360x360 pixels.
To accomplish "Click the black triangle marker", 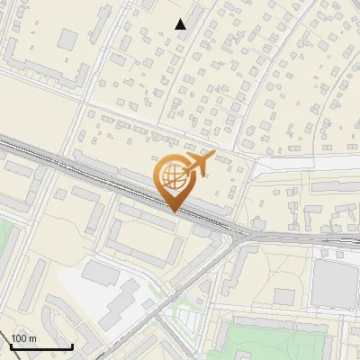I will coord(181,24).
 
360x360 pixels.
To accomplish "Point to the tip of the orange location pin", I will coord(175,211).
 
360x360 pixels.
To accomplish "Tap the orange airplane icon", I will coord(199,163).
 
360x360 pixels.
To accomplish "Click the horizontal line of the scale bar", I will coord(41,346).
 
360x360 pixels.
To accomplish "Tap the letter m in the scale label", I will coord(33,338).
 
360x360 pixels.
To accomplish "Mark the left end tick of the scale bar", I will coord(11,345).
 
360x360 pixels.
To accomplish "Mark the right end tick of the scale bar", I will coord(72,345).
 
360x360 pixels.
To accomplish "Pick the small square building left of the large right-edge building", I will coord(284,296).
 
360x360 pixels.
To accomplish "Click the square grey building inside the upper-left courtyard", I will coord(67,39).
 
